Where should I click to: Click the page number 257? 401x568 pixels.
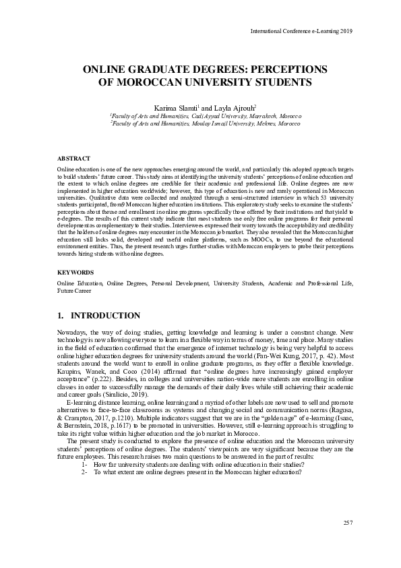pyautogui.click(x=348, y=523)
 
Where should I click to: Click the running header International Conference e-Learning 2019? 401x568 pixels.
pyautogui.click(x=301, y=31)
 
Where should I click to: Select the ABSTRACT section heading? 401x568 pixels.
pyautogui.click(x=73, y=157)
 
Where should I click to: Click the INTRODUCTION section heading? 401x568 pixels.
pyautogui.click(x=105, y=316)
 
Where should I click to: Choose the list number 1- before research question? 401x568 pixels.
pyautogui.click(x=84, y=464)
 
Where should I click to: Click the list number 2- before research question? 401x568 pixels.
pyautogui.click(x=84, y=472)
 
